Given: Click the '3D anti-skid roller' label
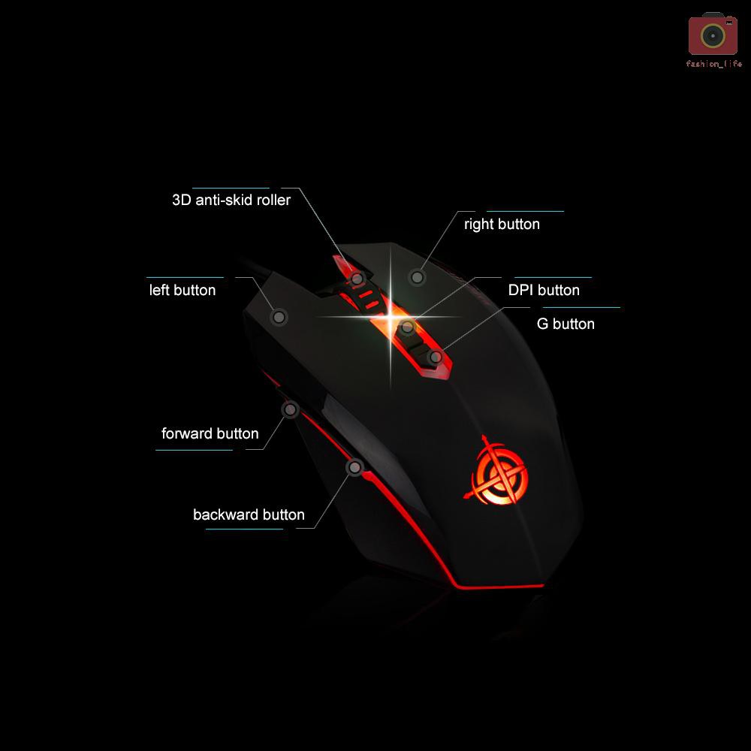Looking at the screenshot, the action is (x=231, y=201).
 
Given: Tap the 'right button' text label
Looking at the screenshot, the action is (x=502, y=224).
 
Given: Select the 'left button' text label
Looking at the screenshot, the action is (x=182, y=290).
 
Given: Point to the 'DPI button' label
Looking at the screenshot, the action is (x=544, y=290).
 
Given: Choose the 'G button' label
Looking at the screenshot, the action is (x=566, y=324).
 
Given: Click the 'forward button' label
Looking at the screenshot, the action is (x=210, y=433).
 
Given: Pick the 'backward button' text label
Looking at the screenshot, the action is (x=249, y=514).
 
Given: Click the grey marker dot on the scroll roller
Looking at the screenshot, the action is (x=358, y=279).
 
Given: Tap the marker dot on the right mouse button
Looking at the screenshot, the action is (x=418, y=277).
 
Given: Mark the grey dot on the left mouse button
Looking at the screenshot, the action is (x=279, y=318).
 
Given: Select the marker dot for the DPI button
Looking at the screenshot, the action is (x=407, y=327).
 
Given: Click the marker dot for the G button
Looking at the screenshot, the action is (x=436, y=357).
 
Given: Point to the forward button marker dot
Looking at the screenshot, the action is (x=291, y=409).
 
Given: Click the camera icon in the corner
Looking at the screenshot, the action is (x=713, y=35).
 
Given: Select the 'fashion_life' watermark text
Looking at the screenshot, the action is (x=713, y=65).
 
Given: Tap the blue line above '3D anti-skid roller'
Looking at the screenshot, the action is (x=231, y=188).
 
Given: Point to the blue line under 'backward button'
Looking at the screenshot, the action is (x=244, y=529).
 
